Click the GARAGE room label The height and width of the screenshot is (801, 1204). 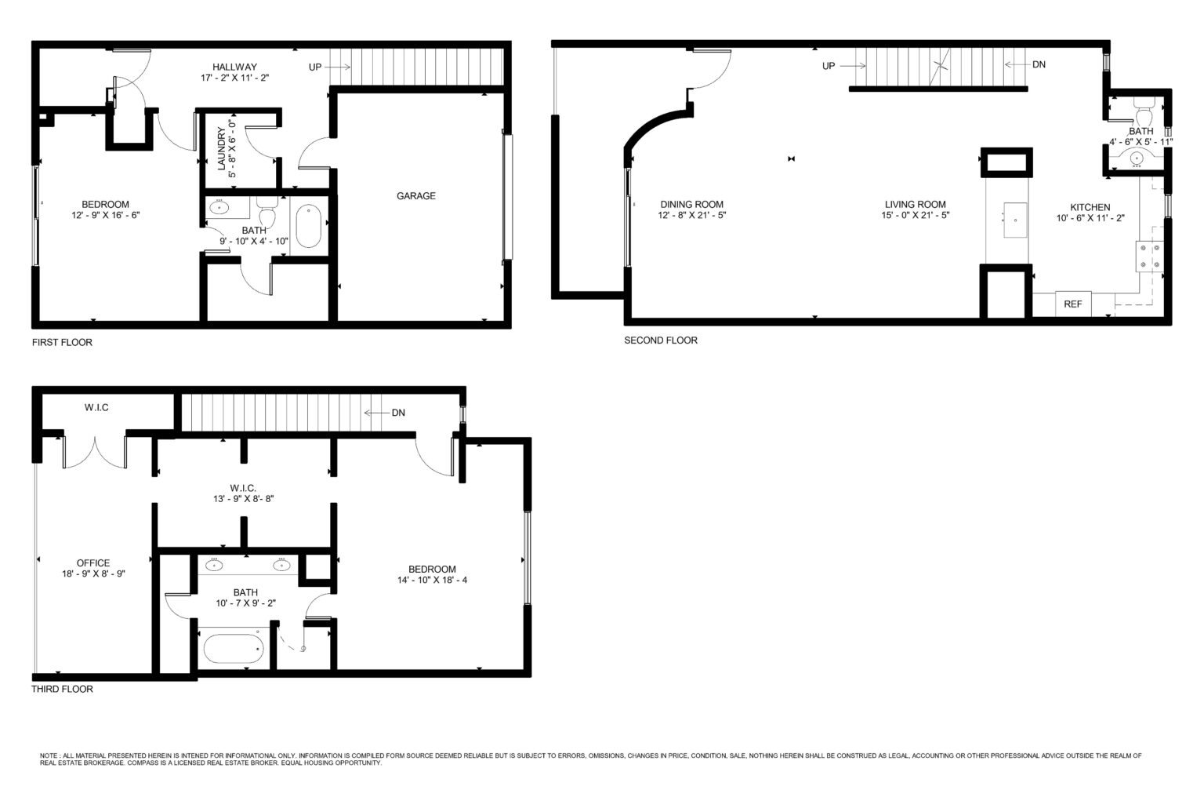(416, 196)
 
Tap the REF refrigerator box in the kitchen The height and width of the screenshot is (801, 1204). (1073, 304)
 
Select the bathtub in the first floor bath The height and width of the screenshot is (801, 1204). (309, 226)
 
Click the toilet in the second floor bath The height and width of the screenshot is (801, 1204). (1143, 111)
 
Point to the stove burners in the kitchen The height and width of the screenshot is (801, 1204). (1150, 256)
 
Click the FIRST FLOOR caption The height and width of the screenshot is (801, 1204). (62, 342)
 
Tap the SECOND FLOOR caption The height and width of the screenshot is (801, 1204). (661, 340)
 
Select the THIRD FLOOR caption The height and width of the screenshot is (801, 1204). (62, 689)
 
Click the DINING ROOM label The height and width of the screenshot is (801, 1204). (692, 205)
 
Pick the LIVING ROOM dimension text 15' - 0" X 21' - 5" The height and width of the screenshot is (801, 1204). (916, 215)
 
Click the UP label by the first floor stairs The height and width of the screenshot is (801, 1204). (315, 67)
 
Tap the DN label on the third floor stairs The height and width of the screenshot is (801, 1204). (398, 413)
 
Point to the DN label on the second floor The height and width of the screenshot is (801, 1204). (1039, 64)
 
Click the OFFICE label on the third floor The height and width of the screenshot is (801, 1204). (93, 563)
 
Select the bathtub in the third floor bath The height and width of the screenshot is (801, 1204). (234, 649)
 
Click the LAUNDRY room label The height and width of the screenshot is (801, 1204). (222, 148)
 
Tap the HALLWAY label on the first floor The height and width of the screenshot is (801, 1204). (234, 67)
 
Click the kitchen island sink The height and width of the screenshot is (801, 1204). (1015, 220)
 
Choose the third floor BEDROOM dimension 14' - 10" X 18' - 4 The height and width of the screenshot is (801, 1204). (432, 580)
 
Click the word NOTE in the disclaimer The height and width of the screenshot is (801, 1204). (47, 755)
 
